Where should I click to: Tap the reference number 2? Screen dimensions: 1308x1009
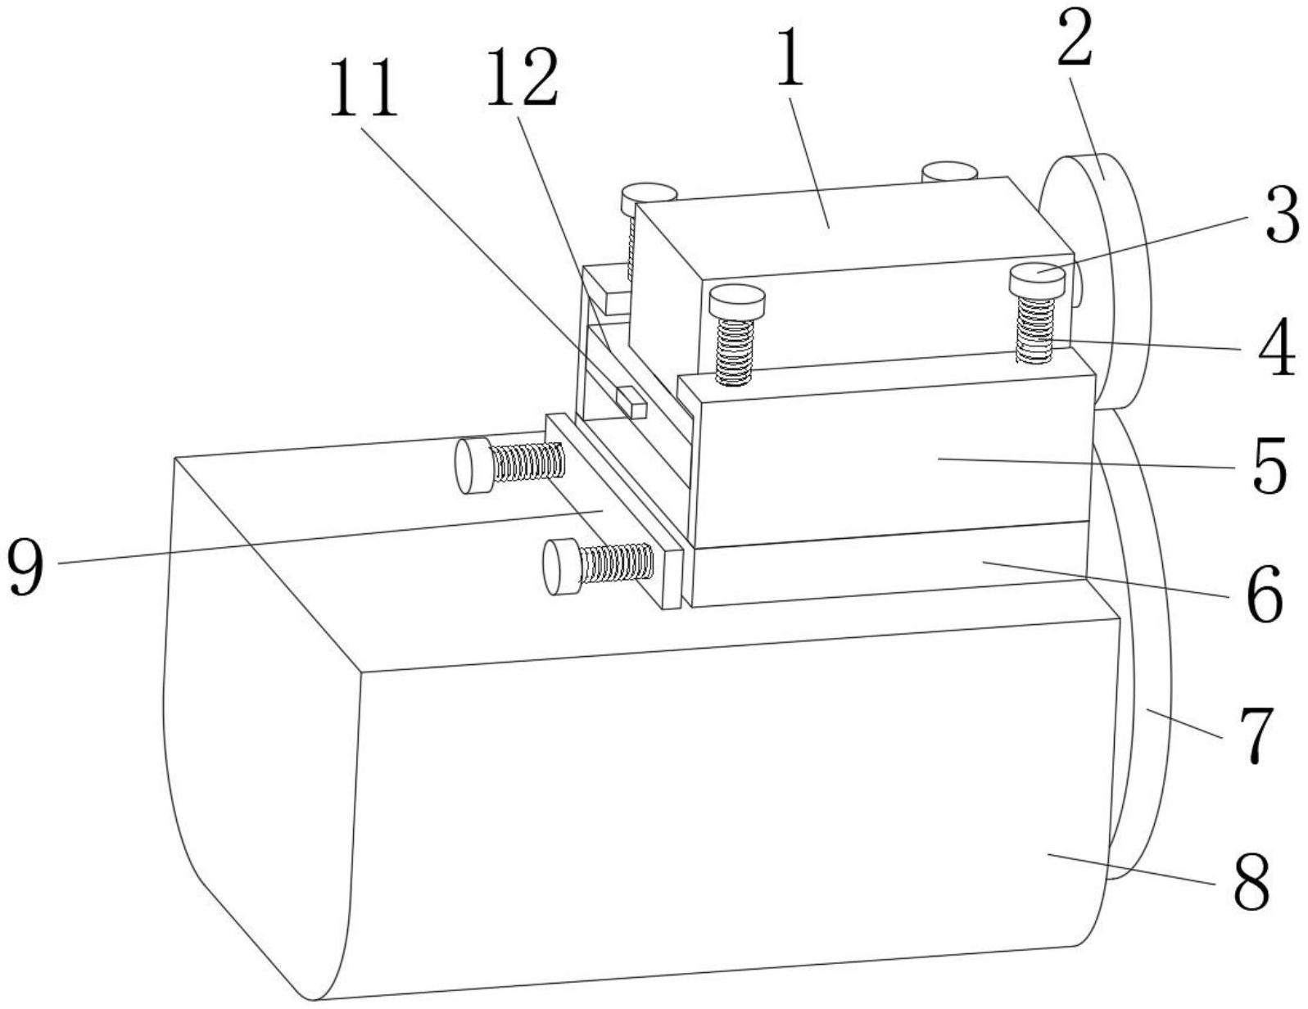[1075, 35]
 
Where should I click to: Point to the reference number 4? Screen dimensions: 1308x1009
[1277, 347]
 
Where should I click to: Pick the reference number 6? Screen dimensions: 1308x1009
[1265, 593]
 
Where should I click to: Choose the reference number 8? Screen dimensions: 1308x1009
[1251, 878]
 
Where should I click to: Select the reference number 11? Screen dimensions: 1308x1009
[364, 88]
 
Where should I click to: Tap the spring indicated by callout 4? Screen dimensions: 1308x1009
[1035, 330]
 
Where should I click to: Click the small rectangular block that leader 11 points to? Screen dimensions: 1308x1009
[631, 402]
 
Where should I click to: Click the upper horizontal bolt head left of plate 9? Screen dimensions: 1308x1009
[473, 466]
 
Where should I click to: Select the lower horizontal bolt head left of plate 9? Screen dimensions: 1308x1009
[562, 568]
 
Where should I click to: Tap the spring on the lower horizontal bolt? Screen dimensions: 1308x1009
[617, 561]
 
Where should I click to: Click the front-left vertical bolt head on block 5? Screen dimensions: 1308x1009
[737, 301]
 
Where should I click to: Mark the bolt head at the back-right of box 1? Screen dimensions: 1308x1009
[949, 171]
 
